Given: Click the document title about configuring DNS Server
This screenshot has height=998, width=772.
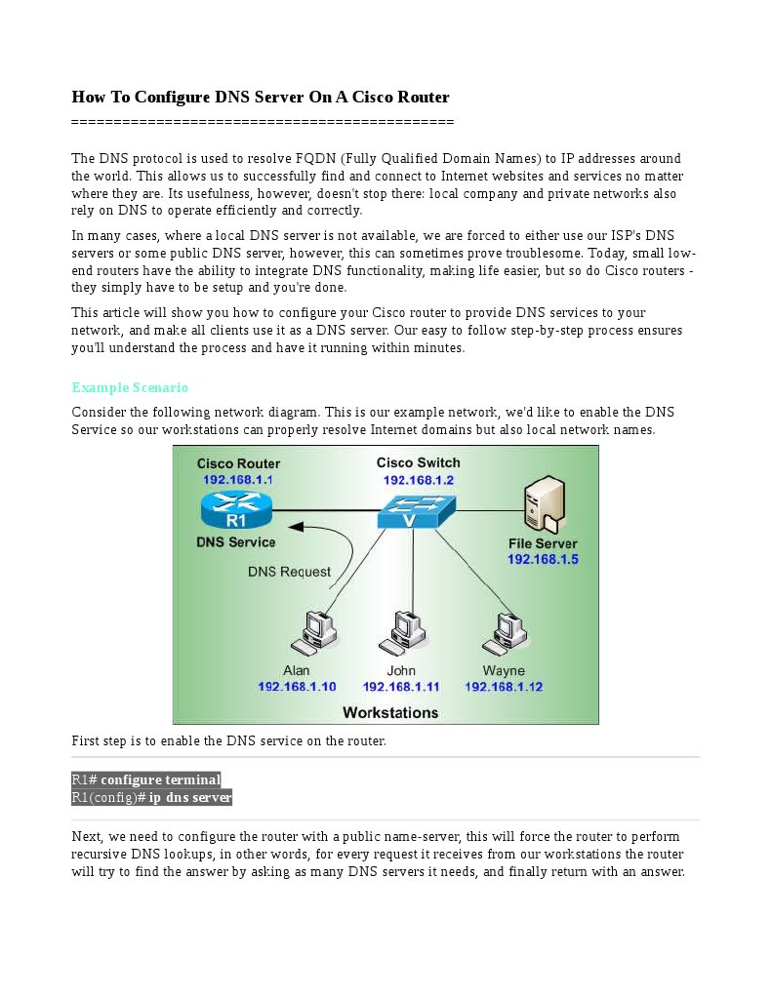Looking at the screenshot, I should (x=260, y=97).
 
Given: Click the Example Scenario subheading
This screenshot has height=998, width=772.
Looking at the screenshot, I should (x=130, y=387).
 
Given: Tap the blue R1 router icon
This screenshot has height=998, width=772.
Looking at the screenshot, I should (x=236, y=510).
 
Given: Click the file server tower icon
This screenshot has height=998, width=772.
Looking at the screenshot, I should (x=543, y=503).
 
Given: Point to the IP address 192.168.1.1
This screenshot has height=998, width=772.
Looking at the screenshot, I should (x=237, y=480).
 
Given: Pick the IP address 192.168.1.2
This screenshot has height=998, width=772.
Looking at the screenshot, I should (x=418, y=480).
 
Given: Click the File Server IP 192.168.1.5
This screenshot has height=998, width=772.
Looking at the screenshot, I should (x=543, y=559).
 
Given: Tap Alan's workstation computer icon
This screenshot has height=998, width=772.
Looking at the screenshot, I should (x=314, y=634).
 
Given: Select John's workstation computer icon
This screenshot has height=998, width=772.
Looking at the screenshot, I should (x=402, y=634).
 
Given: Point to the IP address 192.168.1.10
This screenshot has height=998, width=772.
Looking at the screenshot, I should (x=297, y=687).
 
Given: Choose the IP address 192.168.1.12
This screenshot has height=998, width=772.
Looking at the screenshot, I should (x=504, y=687).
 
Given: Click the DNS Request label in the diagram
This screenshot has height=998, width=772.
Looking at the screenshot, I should (x=289, y=572).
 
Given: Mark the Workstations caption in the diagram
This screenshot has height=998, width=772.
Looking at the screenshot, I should (x=390, y=712).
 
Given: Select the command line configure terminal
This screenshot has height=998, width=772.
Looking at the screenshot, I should (x=146, y=779).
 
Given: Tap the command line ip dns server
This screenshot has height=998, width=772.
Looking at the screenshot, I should (x=152, y=797).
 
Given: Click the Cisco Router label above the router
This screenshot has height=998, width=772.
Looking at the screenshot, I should (x=238, y=463).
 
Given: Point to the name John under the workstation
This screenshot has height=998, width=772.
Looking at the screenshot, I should (x=401, y=670).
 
